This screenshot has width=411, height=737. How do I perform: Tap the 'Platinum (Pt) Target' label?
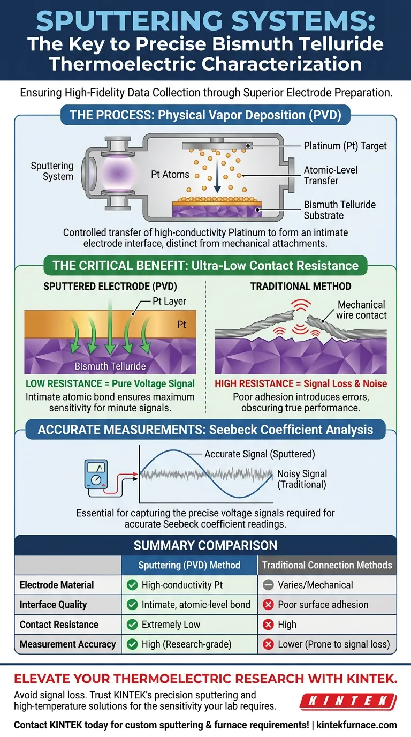coord(345,146)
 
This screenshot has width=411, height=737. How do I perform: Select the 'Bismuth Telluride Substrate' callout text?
coord(339,210)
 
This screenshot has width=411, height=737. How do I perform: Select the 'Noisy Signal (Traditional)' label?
coord(302,479)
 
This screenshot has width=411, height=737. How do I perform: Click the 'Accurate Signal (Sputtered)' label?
coord(260,454)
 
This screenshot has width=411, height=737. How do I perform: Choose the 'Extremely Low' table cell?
coord(171,624)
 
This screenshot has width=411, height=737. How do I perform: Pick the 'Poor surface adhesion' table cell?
coord(323,604)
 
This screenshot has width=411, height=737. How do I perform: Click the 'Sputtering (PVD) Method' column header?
coord(189,565)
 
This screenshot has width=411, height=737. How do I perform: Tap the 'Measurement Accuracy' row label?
coord(67,644)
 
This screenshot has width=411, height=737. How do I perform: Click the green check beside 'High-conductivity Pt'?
coord(132,585)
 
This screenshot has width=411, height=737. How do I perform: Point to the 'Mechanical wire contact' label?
coord(362,310)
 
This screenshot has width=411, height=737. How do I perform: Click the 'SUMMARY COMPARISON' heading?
coord(205,545)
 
